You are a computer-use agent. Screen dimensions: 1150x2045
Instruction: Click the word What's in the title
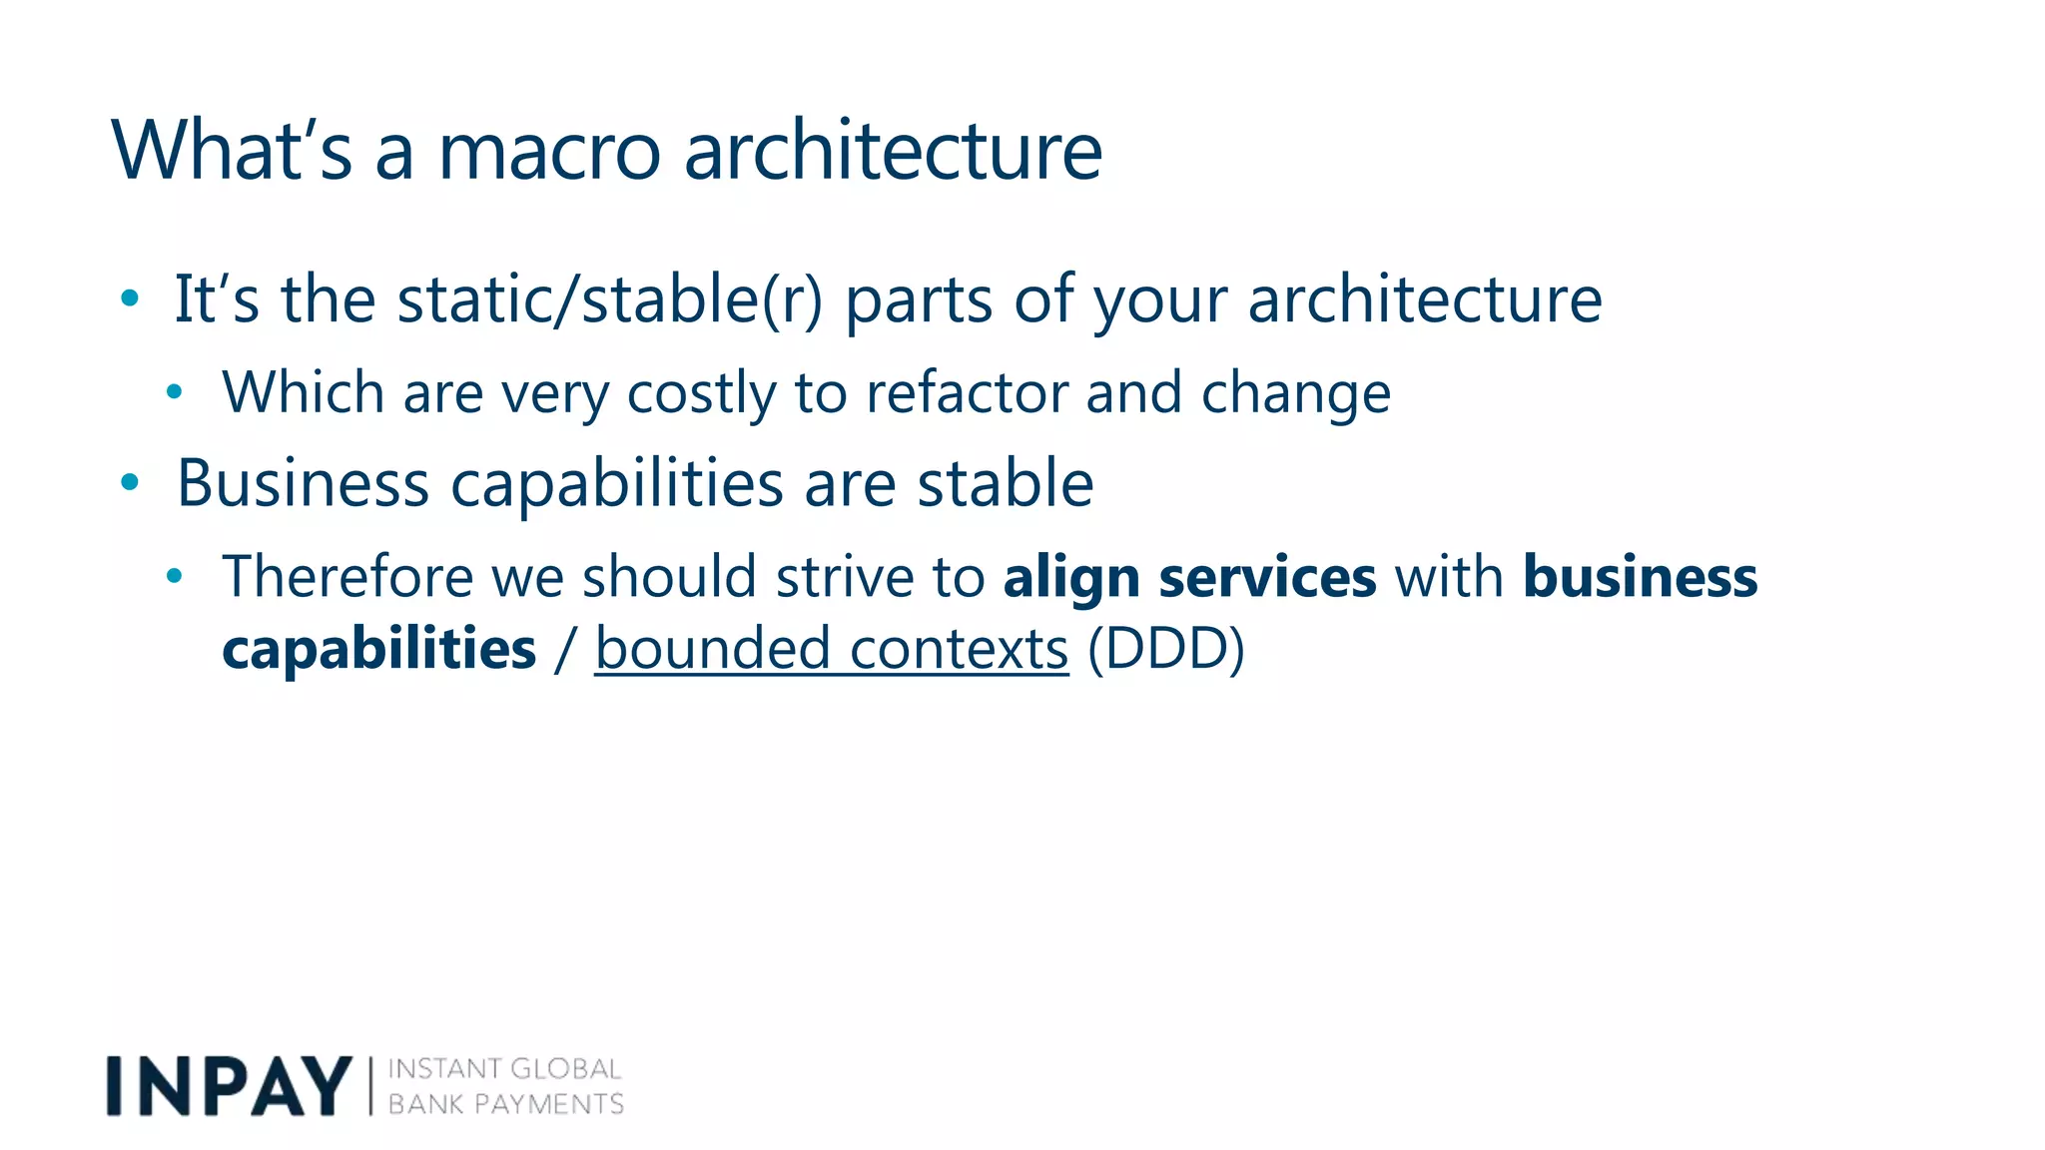232,152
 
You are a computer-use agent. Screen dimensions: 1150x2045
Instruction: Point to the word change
1295,393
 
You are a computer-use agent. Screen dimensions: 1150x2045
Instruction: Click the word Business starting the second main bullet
303,484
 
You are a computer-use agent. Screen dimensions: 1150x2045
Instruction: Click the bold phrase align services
1189,577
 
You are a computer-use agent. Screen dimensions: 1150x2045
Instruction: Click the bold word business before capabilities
1640,577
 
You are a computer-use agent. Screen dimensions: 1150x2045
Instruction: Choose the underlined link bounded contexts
831,649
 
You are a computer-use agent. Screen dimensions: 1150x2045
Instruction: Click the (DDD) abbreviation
1165,649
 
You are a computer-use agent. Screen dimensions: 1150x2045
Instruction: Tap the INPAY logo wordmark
229,1085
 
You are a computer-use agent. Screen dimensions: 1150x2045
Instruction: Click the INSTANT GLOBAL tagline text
504,1069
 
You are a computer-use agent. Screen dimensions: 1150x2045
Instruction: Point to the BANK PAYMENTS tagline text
505,1104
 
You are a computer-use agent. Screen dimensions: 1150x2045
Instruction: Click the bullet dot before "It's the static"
129,297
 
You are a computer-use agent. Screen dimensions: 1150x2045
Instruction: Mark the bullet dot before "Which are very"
175,392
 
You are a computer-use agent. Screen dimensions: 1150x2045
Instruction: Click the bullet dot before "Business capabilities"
129,483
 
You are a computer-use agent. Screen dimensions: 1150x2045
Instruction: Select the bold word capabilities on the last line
379,649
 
